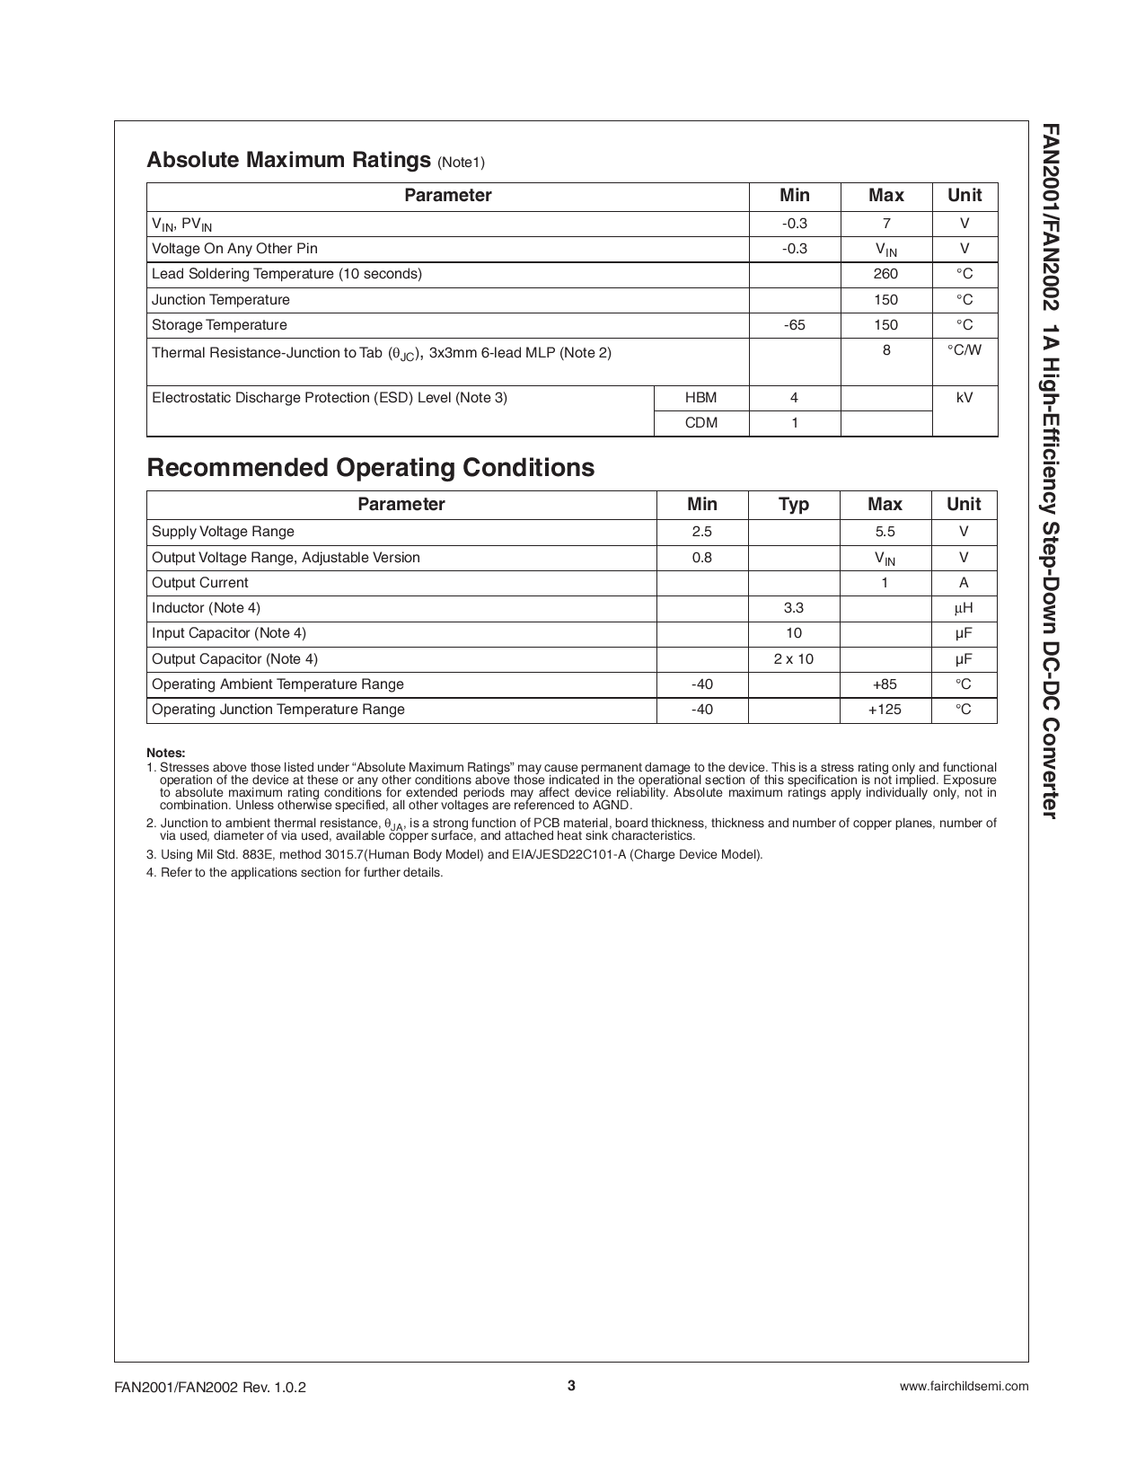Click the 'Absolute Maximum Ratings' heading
pos(288,160)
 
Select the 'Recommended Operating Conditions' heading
pos(370,468)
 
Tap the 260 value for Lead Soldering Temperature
pos(885,274)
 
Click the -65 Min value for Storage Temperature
pos(795,325)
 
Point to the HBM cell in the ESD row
pos(700,398)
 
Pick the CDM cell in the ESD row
pos(700,423)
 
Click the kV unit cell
pos(964,398)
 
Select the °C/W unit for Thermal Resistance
pos(964,350)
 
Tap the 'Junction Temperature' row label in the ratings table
pos(221,300)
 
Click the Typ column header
pos(793,505)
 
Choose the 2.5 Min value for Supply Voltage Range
pos(701,532)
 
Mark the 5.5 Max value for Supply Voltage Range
pos(885,532)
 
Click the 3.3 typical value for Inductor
pos(793,608)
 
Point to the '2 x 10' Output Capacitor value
pos(793,659)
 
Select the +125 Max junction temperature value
pos(885,710)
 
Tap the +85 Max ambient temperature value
pos(885,684)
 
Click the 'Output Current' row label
pos(200,583)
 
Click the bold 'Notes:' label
pos(166,754)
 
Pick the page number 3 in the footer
pos(571,1385)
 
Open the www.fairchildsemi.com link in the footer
pos(964,1386)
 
